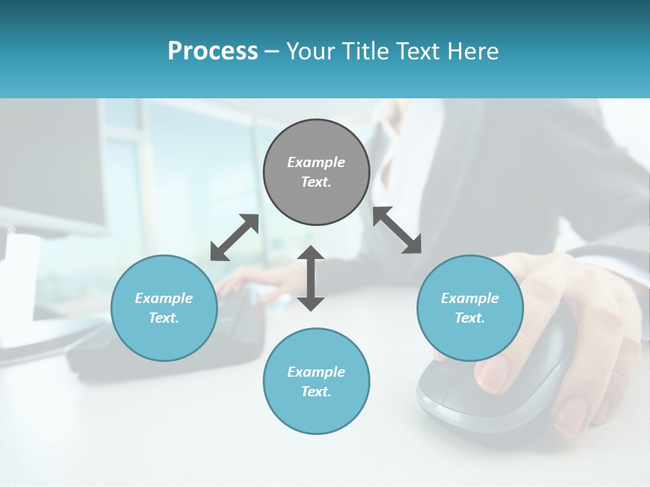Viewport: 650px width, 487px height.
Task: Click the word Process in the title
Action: click(213, 51)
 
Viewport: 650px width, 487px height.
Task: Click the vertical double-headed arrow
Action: click(311, 278)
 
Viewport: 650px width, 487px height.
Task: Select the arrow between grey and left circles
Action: click(234, 237)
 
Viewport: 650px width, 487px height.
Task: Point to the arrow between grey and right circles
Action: click(397, 230)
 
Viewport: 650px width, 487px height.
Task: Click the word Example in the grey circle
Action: click(316, 162)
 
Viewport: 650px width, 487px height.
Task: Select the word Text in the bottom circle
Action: click(315, 392)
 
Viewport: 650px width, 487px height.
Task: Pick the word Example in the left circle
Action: click(164, 298)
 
